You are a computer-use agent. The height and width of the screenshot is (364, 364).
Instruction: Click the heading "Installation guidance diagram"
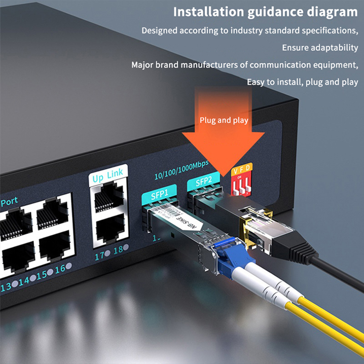pyautogui.click(x=265, y=12)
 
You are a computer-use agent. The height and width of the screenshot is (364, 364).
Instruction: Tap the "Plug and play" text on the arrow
pyautogui.click(x=224, y=120)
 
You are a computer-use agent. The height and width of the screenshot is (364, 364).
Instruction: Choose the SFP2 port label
pyautogui.click(x=203, y=182)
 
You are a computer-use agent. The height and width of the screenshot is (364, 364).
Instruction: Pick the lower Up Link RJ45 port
pyautogui.click(x=110, y=229)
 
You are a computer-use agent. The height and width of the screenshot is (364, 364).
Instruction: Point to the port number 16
pyautogui.click(x=60, y=269)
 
